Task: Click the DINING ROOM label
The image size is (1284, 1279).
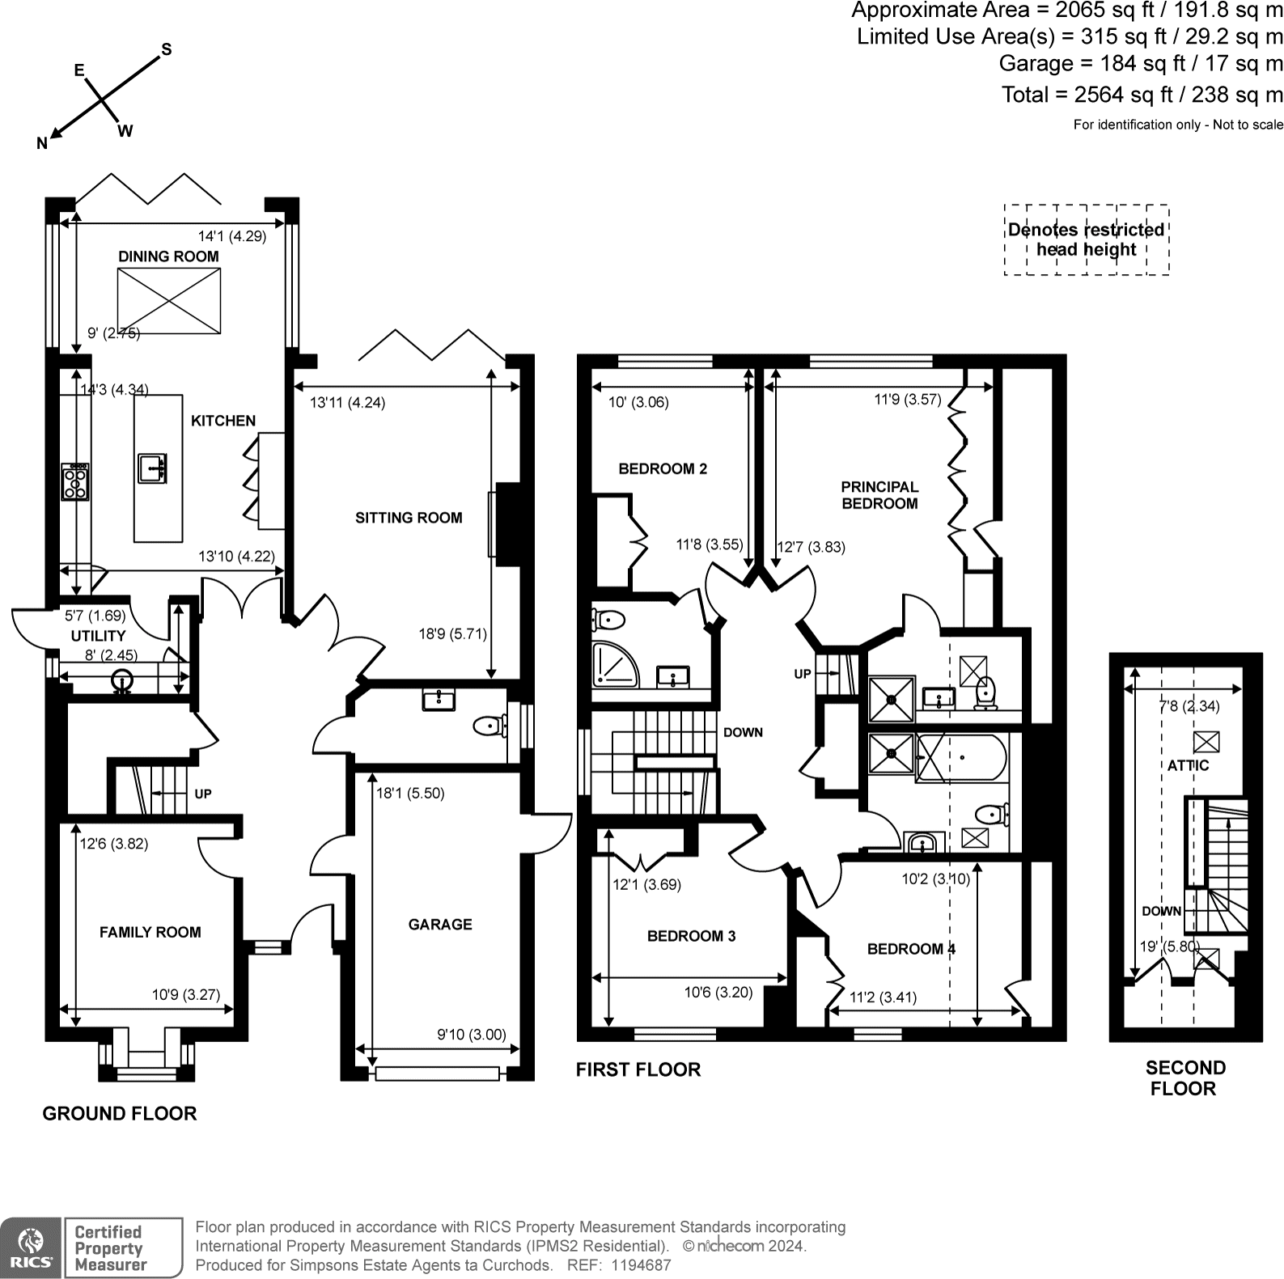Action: coord(168,256)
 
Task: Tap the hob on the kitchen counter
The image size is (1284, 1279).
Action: coord(75,482)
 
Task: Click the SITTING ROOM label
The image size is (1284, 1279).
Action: coord(409,518)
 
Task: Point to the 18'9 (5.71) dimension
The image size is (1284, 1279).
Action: coord(452,634)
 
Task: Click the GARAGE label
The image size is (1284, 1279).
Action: coord(440,924)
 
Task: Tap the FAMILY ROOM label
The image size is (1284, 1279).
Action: coord(150,932)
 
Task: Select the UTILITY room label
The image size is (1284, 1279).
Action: coord(98,636)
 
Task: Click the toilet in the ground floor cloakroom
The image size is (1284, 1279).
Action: coord(489,726)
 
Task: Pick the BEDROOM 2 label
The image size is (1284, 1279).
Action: coord(662,468)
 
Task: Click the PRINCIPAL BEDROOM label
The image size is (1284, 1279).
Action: coord(879,495)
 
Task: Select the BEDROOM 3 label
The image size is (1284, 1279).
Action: coord(691,936)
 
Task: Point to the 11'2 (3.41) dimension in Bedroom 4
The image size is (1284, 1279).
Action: coord(883,997)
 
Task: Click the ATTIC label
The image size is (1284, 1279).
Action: coord(1188,765)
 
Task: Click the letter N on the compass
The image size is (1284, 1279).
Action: coord(42,143)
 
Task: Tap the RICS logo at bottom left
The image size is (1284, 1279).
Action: coord(31,1247)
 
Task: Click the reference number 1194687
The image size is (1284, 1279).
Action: coord(642,1265)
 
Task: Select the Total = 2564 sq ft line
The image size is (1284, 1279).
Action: coord(1142,95)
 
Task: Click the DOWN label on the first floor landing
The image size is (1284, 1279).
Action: coord(743,732)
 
